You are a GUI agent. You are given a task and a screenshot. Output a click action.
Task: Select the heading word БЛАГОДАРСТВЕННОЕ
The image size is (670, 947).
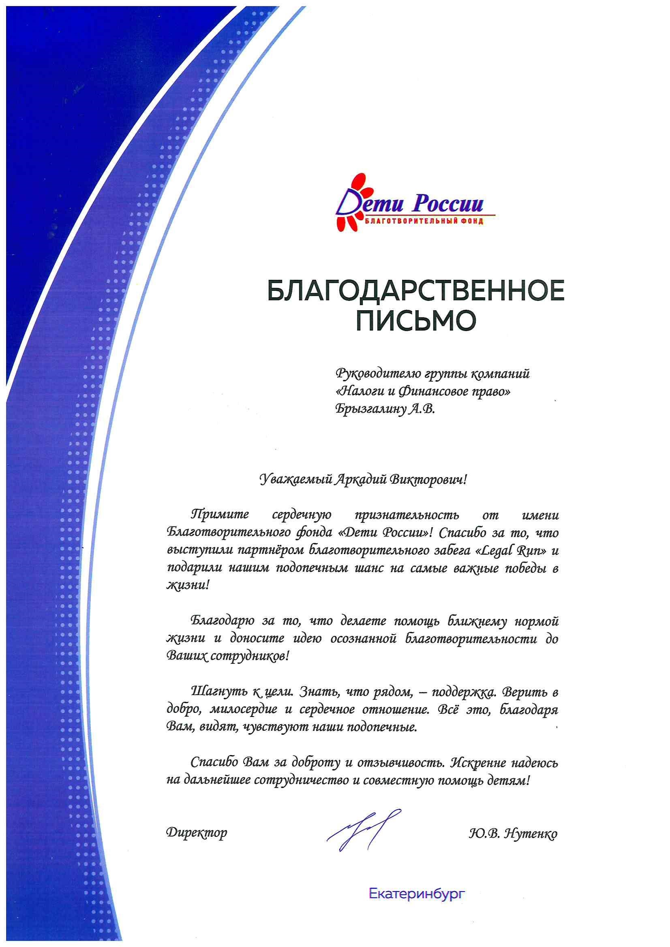416,292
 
